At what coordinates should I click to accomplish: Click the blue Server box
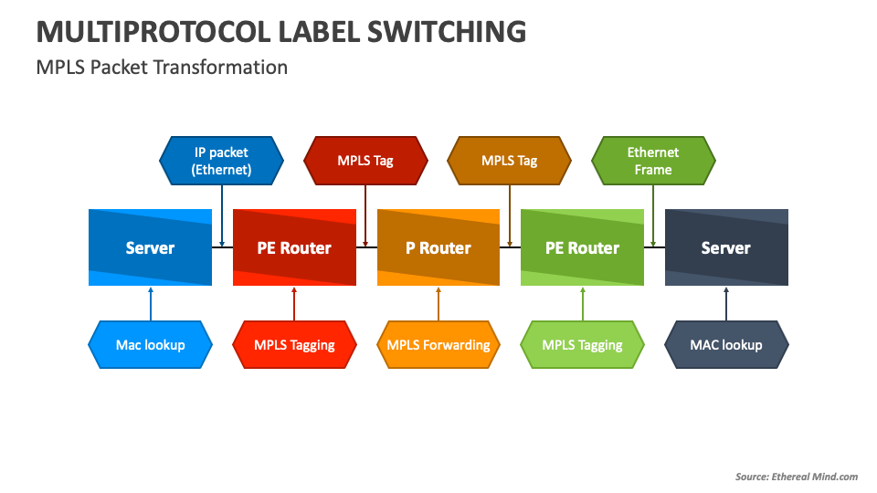click(x=150, y=247)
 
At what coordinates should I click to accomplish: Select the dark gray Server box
click(x=726, y=247)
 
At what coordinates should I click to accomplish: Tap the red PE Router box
click(x=294, y=247)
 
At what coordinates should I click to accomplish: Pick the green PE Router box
click(x=582, y=247)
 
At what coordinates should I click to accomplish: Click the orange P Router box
click(x=438, y=247)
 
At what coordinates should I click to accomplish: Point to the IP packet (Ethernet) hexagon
click(x=221, y=161)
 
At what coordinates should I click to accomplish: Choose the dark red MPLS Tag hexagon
click(x=365, y=161)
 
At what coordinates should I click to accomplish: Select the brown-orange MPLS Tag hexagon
click(x=509, y=161)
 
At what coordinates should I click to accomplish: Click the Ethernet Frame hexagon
click(x=653, y=161)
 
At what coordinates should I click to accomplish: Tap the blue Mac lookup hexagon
click(x=150, y=345)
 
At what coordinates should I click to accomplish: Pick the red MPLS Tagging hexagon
click(x=294, y=345)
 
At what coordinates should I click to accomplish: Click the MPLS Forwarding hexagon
click(x=438, y=345)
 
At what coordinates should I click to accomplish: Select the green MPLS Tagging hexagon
click(x=582, y=345)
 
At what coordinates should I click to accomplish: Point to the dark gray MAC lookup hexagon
click(x=726, y=345)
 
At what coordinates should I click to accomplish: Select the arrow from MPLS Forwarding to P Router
click(x=438, y=303)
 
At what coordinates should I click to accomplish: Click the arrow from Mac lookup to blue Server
click(x=150, y=303)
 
